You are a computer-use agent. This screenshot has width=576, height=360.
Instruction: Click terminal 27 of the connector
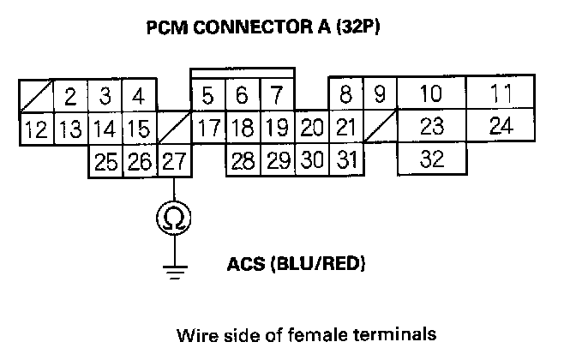coord(174,160)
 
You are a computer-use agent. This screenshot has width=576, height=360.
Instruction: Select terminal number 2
coord(70,96)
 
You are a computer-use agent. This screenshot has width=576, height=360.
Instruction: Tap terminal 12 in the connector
coord(35,129)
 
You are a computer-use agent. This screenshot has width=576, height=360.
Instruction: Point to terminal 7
coord(277,96)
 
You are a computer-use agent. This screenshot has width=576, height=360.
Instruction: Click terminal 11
coord(501,93)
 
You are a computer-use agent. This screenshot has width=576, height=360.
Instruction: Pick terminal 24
coord(501,127)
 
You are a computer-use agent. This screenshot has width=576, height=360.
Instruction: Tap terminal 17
coord(208,129)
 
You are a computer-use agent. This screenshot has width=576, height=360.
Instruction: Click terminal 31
coord(345,160)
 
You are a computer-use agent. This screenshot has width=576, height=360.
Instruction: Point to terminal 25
coord(105,160)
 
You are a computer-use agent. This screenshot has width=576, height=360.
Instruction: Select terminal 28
coord(243,160)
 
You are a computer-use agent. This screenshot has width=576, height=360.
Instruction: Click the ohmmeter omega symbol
coord(174,219)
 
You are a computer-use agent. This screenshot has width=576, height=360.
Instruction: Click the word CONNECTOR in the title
coord(254,27)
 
